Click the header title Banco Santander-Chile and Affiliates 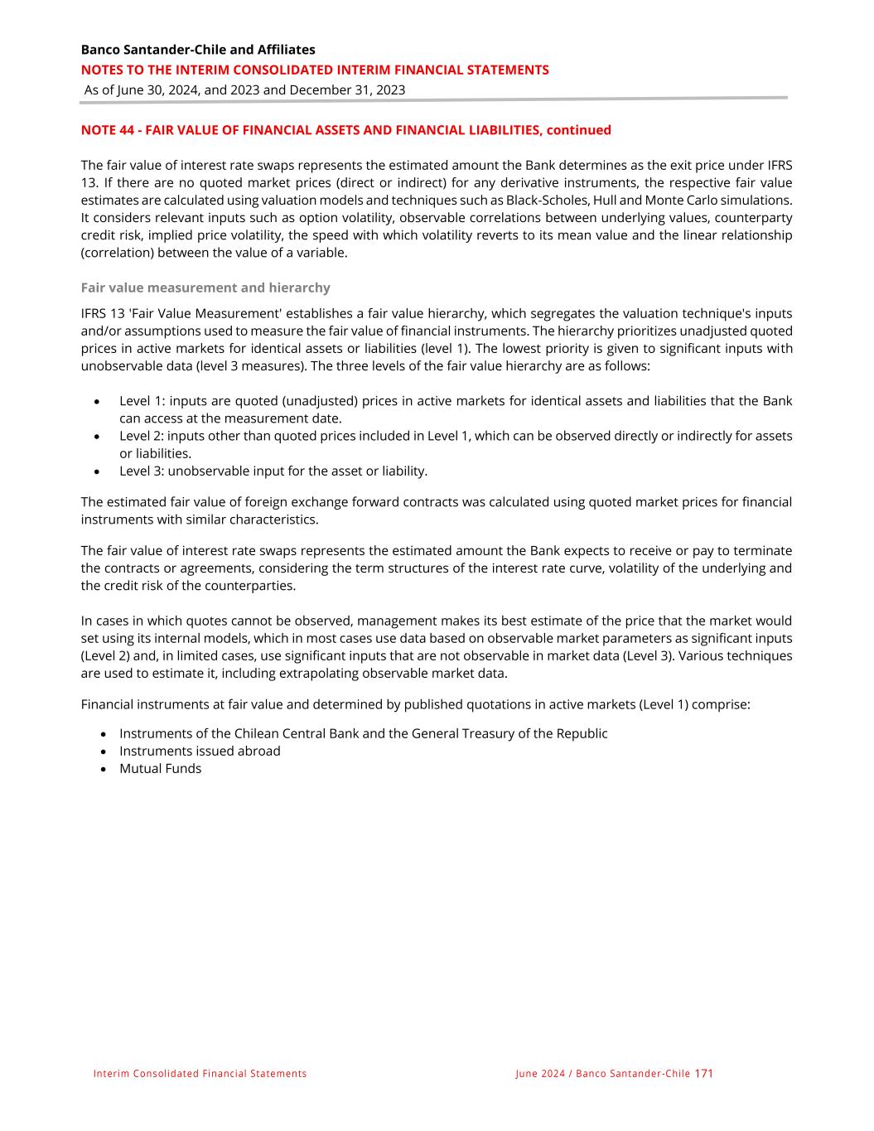pos(198,50)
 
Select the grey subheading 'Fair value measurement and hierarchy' pos(205,288)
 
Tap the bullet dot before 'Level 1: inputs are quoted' pos(98,402)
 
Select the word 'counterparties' pos(251,586)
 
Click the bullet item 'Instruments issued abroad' pos(200,752)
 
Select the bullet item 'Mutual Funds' pos(160,769)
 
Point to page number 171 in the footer pos(703,1074)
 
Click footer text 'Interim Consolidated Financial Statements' pos(200,1074)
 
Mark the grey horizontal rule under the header pos(433,99)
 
